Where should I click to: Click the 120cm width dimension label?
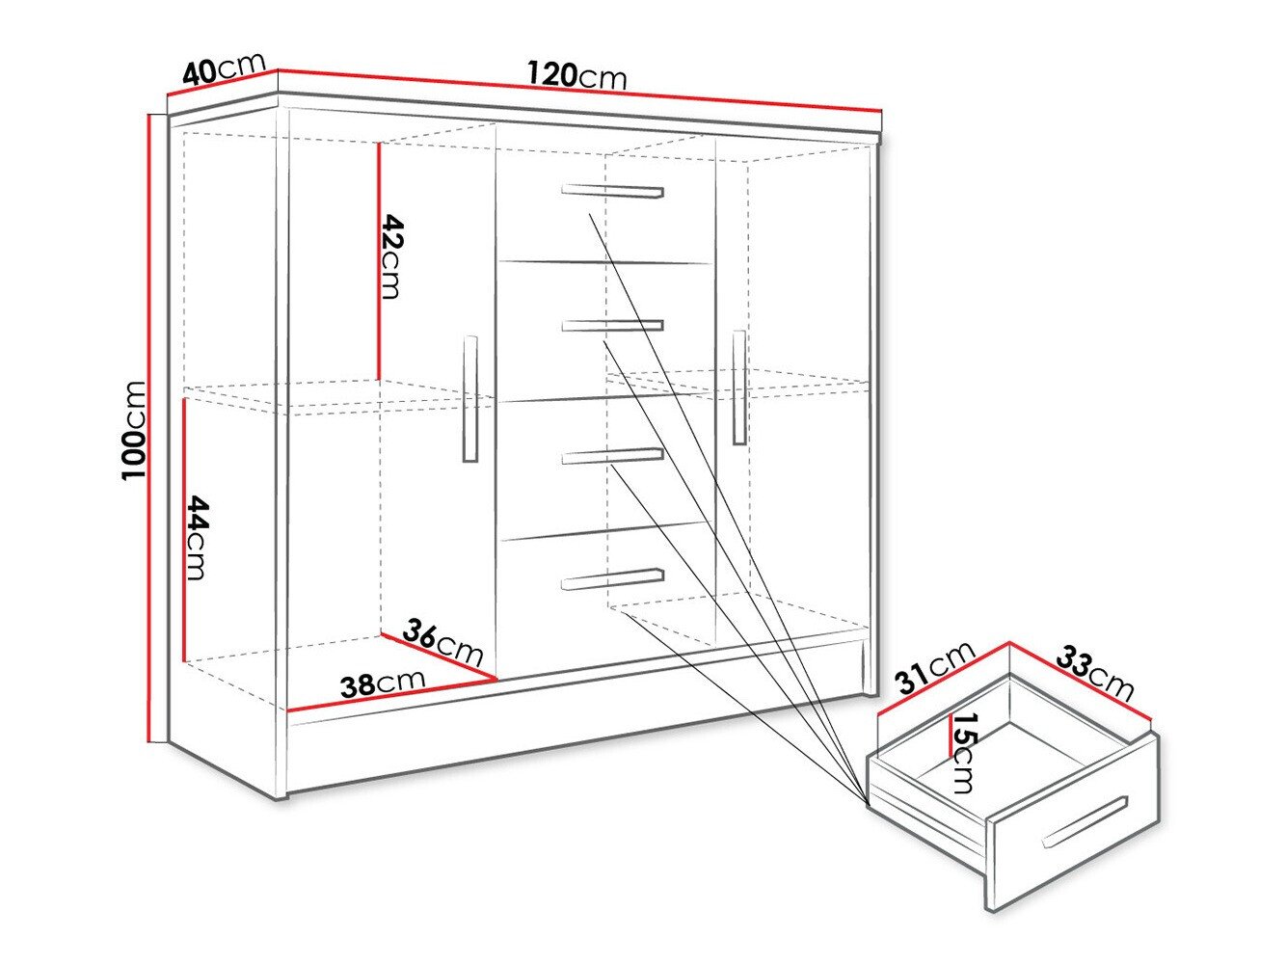coord(576,74)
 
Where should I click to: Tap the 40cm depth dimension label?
coord(224,69)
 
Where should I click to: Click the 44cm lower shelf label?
coord(197,537)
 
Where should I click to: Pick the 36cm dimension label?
coord(442,642)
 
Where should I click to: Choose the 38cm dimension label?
coord(383,683)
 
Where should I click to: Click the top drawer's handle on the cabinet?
coord(613,191)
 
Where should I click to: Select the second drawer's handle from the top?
coord(613,325)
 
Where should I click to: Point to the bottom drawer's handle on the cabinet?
coord(613,578)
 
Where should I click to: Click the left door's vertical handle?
coord(470,399)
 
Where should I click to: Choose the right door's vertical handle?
coord(739,388)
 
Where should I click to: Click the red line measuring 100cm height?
coord(150,429)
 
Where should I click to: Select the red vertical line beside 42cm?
coord(380,260)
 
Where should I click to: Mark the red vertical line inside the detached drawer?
coord(950,736)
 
